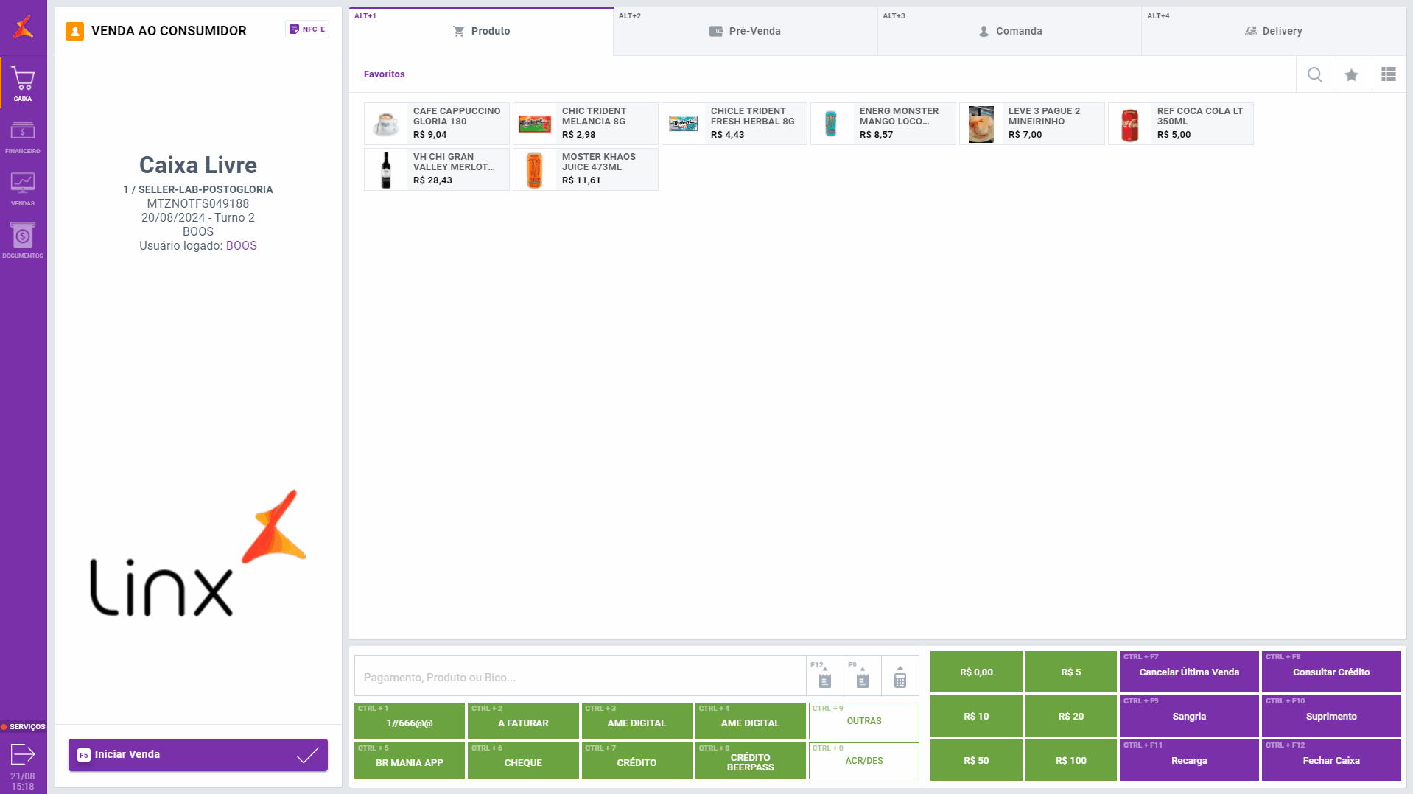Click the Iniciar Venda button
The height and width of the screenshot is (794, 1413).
tap(197, 755)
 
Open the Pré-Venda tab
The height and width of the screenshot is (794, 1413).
tap(745, 32)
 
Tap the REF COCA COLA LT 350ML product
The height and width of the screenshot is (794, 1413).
tap(1180, 124)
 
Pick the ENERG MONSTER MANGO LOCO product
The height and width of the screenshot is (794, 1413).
tap(883, 124)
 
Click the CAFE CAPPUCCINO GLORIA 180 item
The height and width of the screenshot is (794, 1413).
tap(436, 124)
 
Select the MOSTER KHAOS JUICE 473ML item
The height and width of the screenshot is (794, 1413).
tap(585, 169)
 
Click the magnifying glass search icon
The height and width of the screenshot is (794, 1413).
tap(1314, 74)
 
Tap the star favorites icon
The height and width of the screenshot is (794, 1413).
tap(1351, 74)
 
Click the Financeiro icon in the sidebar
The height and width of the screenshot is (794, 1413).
tap(23, 137)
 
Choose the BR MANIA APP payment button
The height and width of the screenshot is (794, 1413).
tap(410, 761)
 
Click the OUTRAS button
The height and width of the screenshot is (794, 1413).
tap(863, 720)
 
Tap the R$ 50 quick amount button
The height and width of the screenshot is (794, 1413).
tap(976, 760)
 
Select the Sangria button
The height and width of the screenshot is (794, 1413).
tap(1188, 716)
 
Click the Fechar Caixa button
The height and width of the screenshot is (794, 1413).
tap(1330, 760)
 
